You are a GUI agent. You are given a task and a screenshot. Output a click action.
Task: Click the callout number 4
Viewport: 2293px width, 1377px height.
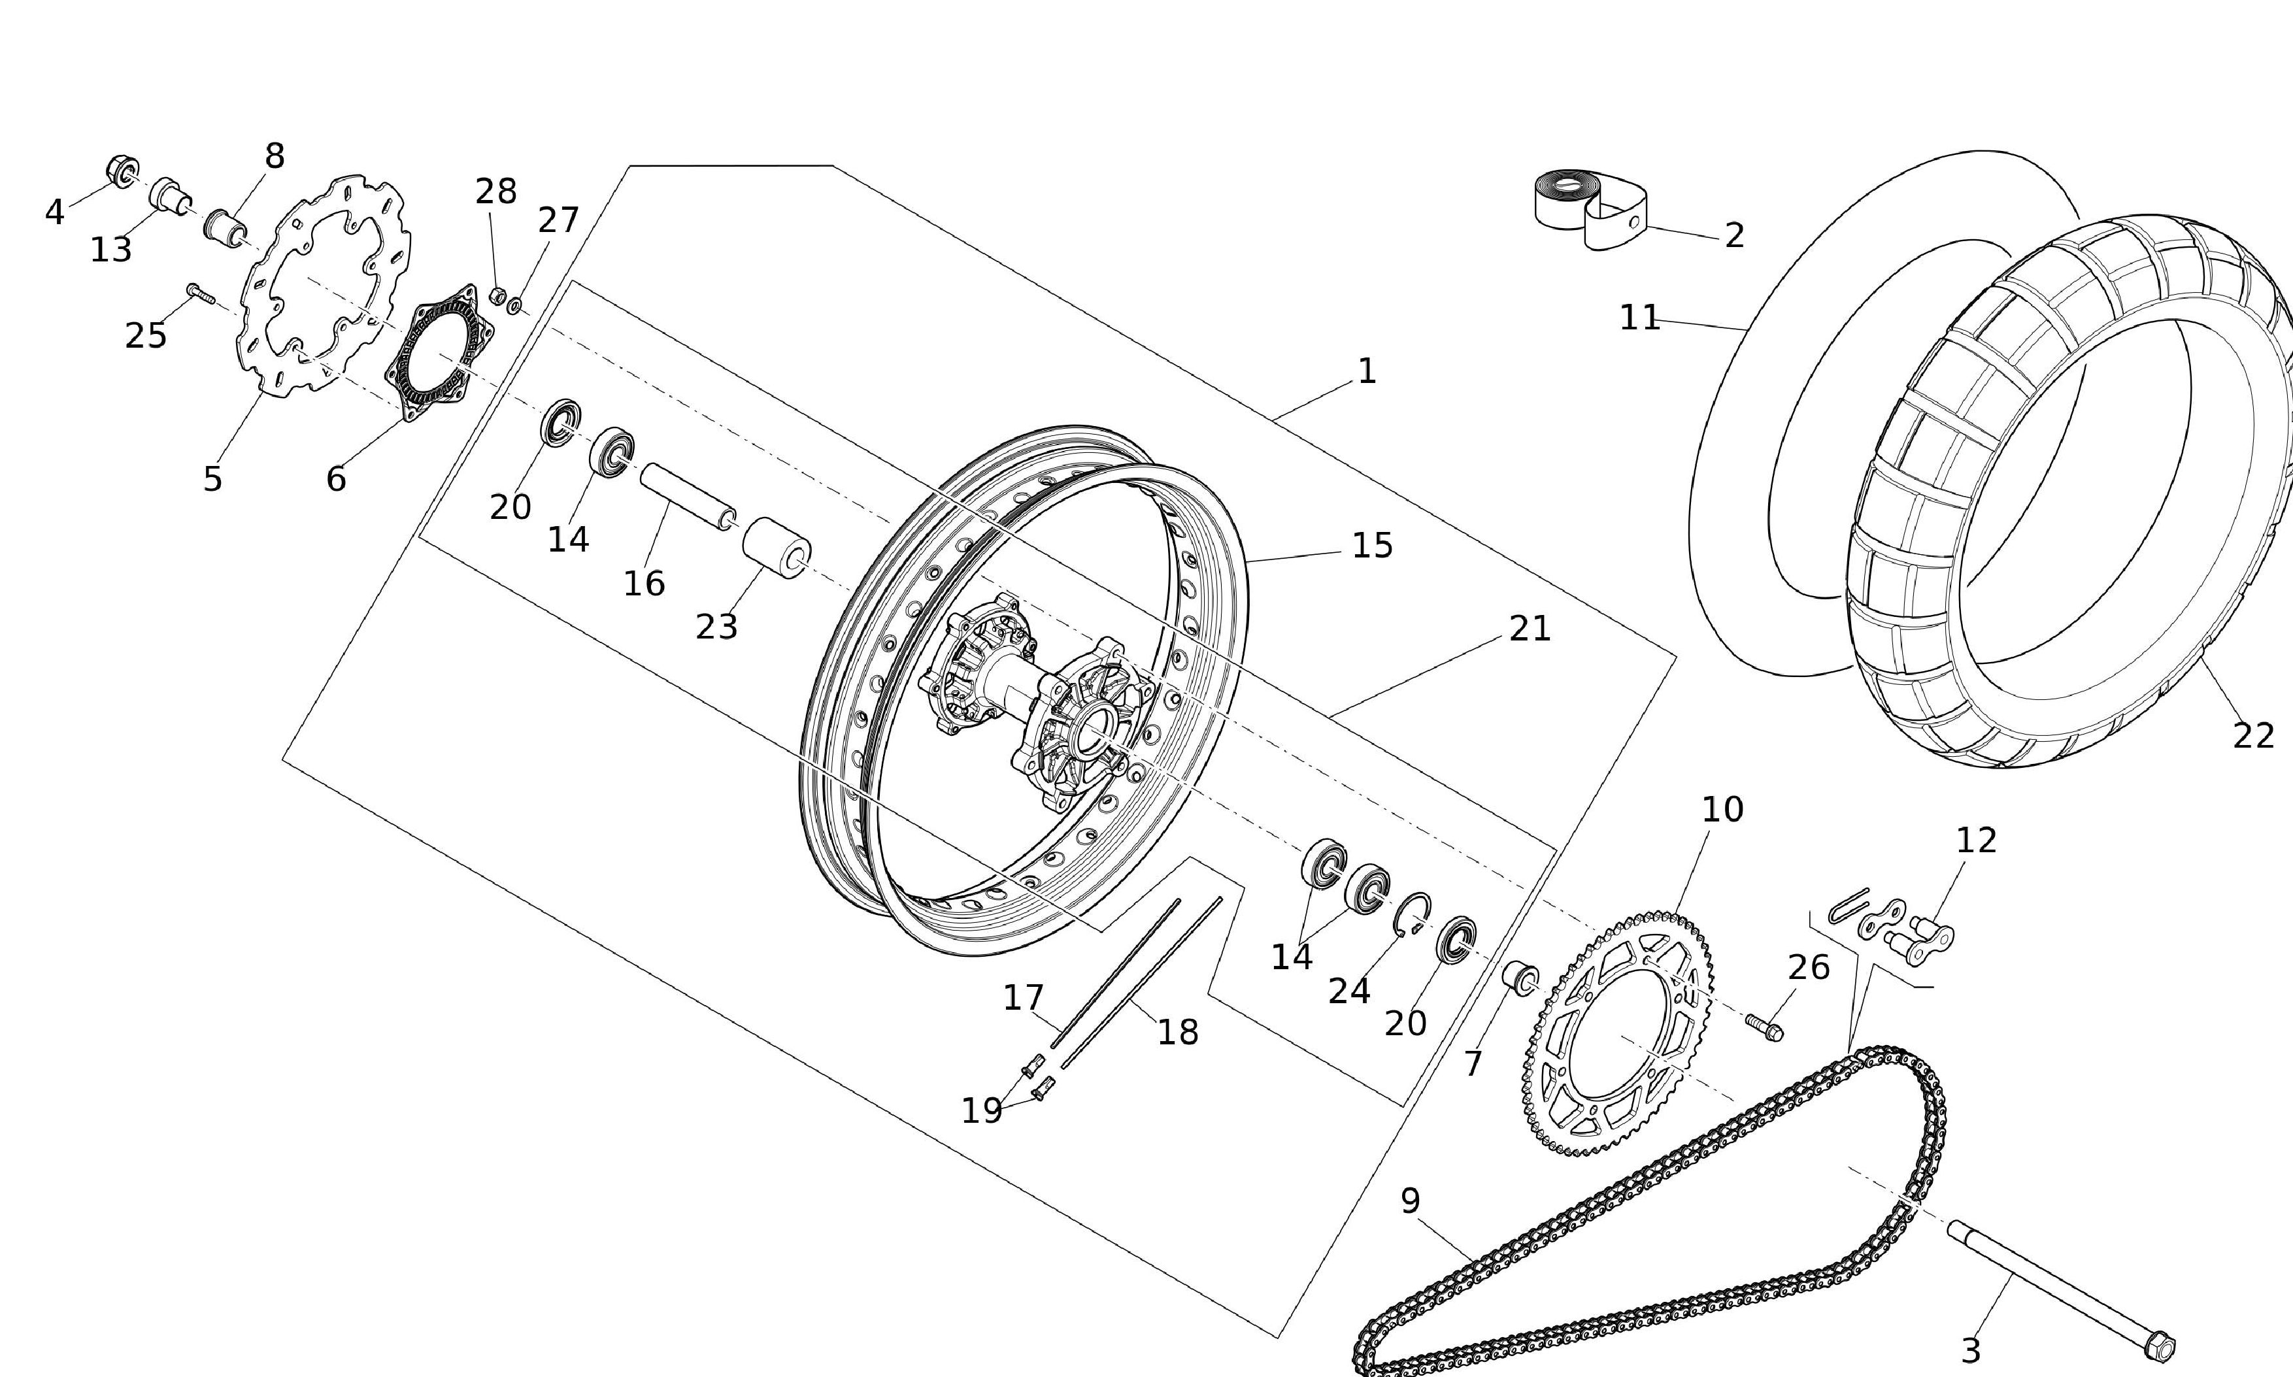pos(54,212)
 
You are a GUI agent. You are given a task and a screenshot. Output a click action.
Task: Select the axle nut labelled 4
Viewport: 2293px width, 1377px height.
pos(122,171)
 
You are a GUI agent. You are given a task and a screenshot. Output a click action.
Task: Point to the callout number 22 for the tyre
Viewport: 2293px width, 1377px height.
pos(2253,736)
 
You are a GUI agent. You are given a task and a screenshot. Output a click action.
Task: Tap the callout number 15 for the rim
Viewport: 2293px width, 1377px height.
pos(1371,546)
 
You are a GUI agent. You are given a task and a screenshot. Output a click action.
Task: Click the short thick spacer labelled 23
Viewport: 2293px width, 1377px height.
pos(776,548)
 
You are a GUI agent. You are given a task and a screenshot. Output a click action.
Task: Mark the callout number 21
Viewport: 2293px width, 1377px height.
pos(1530,629)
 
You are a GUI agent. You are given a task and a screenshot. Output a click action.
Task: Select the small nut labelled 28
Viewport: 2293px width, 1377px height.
pos(497,296)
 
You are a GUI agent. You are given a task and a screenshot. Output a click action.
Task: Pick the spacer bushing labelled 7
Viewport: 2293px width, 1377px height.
pos(1520,979)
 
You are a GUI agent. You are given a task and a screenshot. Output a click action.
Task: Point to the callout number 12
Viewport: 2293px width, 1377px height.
pos(1975,840)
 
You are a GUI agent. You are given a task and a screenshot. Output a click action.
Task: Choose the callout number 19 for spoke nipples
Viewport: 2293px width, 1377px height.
pos(981,1110)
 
